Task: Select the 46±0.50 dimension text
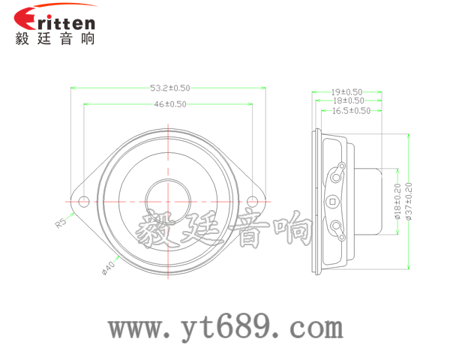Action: (170, 105)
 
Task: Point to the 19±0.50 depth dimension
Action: (347, 91)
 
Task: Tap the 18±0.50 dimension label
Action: (348, 100)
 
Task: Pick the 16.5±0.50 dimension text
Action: (352, 110)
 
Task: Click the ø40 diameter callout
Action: (108, 266)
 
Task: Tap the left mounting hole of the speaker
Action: (84, 200)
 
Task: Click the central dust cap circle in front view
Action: (169, 200)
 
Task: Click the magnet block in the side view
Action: (367, 200)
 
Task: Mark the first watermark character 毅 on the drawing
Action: (160, 229)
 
